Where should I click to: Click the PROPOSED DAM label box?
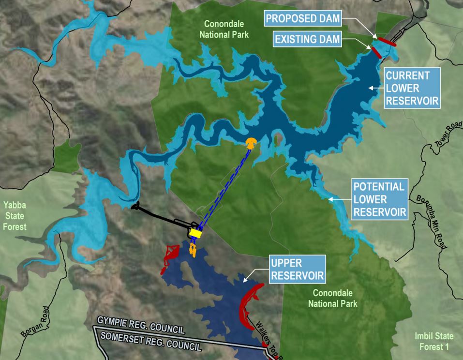point(302,19)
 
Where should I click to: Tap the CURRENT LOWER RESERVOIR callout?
point(412,88)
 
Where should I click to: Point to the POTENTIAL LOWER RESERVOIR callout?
point(379,199)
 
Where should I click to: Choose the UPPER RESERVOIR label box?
point(297,270)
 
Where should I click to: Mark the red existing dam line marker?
point(376,52)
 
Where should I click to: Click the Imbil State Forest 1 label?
point(434,341)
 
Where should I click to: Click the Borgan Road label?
point(35,321)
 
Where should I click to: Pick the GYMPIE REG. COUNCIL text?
point(140,326)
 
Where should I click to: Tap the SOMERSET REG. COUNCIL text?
point(149,341)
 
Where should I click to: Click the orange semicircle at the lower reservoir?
point(251,143)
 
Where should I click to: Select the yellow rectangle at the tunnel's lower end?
point(195,233)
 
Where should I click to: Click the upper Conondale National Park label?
point(226,29)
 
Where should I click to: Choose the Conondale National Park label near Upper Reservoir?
point(335,298)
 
